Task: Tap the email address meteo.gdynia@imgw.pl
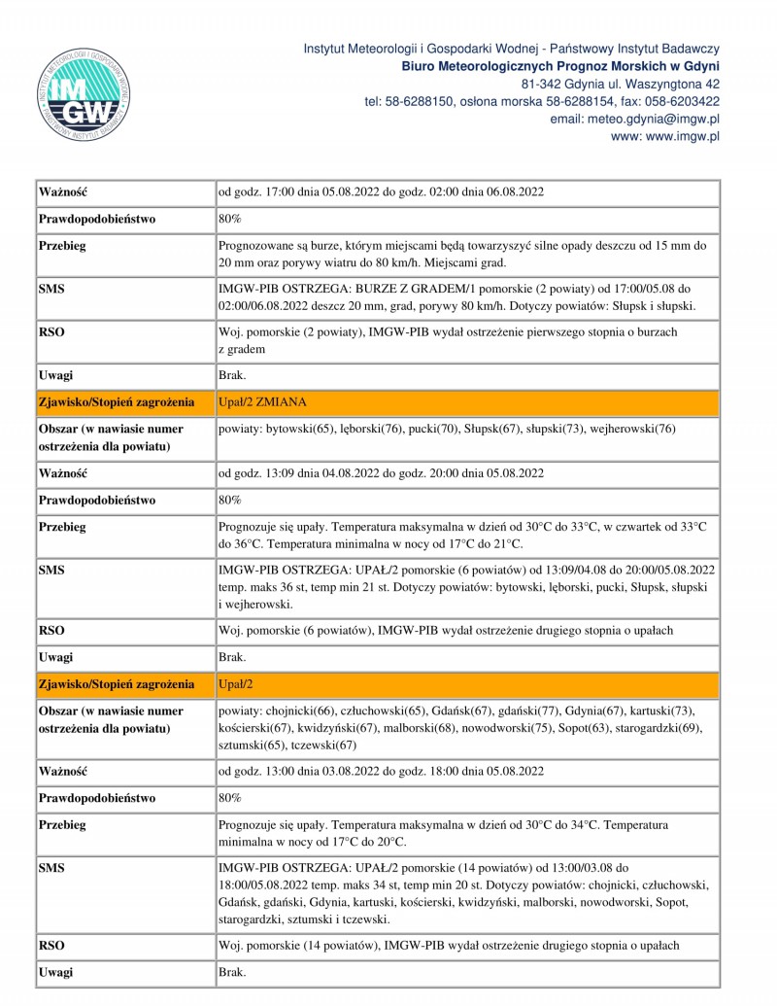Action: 634,119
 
